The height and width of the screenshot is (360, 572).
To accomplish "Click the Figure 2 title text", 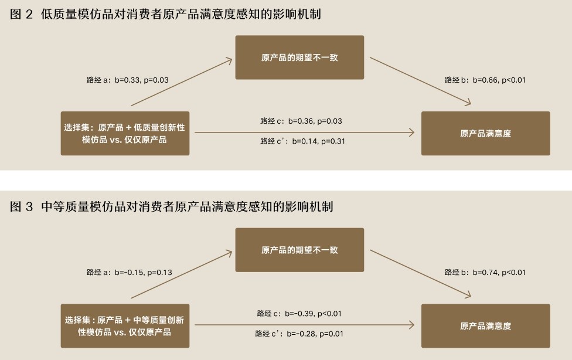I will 166,15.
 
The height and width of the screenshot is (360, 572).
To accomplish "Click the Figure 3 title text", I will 172,207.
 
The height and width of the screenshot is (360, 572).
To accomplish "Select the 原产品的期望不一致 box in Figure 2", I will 299,57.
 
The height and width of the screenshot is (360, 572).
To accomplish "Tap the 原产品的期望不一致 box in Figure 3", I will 299,250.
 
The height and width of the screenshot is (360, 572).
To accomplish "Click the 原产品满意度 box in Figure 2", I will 485,133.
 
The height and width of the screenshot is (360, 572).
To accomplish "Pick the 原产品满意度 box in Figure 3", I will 485,325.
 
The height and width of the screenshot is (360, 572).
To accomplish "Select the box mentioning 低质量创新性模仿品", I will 125,133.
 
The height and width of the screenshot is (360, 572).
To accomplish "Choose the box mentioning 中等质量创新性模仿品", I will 125,325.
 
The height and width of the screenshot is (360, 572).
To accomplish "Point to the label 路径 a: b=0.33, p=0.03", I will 127,80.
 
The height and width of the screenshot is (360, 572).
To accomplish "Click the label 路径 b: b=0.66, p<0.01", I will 485,80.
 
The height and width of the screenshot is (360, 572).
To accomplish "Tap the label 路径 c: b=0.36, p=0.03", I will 301,121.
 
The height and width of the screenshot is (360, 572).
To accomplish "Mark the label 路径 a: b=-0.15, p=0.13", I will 129,272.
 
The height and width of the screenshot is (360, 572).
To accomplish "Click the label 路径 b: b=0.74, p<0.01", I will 485,272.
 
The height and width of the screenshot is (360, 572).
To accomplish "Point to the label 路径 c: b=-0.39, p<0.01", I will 299,314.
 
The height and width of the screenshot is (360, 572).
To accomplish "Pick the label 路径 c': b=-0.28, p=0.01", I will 299,334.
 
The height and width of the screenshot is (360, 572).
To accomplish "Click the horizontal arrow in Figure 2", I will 305,133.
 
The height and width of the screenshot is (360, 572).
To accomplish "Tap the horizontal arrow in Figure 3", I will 305,324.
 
